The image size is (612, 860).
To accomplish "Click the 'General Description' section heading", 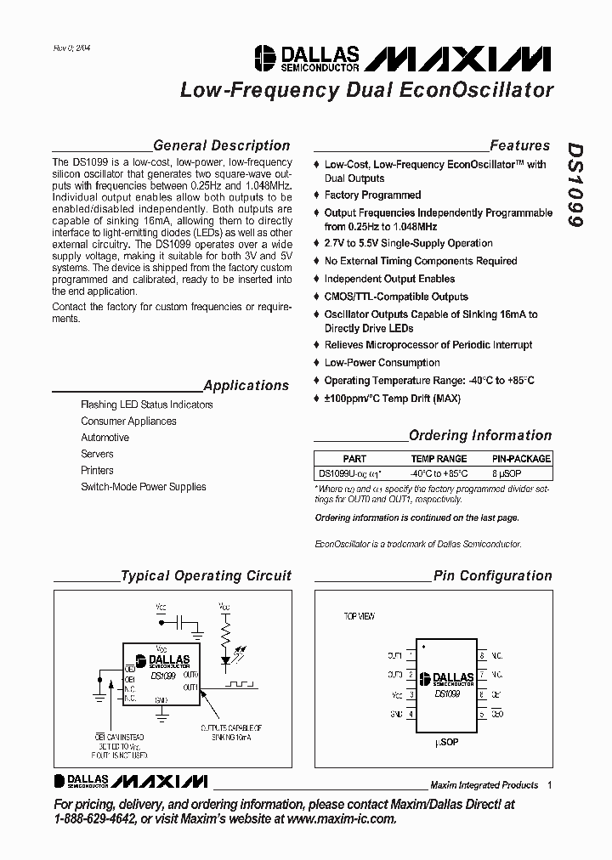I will (x=221, y=145).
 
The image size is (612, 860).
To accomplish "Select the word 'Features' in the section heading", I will (x=519, y=145).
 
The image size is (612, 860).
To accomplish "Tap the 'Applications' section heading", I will (x=246, y=385).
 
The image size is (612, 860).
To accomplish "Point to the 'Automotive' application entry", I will (x=105, y=438).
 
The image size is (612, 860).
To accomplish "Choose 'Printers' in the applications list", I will (x=97, y=470).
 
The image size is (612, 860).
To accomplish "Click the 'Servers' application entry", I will (x=97, y=454).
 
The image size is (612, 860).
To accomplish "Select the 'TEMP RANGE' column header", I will (x=439, y=459).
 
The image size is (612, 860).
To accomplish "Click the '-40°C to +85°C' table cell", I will (x=439, y=473).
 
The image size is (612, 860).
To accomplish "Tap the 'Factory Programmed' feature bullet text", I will (x=372, y=195).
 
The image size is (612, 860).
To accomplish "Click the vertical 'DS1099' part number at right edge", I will (x=575, y=184).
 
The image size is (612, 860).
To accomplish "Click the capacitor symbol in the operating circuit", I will (x=179, y=623).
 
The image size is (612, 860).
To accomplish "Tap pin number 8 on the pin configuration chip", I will (x=482, y=656).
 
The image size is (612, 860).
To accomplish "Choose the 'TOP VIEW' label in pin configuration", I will (x=359, y=616).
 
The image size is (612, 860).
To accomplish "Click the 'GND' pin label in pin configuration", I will (x=396, y=714).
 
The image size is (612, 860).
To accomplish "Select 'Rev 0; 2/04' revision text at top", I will (x=72, y=48).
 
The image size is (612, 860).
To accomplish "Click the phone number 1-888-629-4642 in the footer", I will (x=93, y=819).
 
